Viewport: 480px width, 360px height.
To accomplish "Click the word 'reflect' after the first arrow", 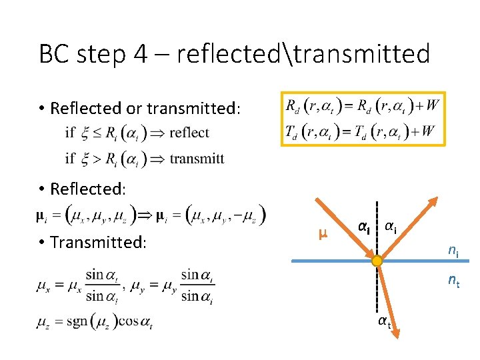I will point(189,133).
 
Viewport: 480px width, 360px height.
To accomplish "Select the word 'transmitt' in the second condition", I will point(197,159).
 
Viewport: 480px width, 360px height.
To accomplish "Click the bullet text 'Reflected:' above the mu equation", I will point(87,189).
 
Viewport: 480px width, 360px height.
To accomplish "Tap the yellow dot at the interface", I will point(377,261).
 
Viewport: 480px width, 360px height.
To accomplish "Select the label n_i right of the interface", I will point(453,251).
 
